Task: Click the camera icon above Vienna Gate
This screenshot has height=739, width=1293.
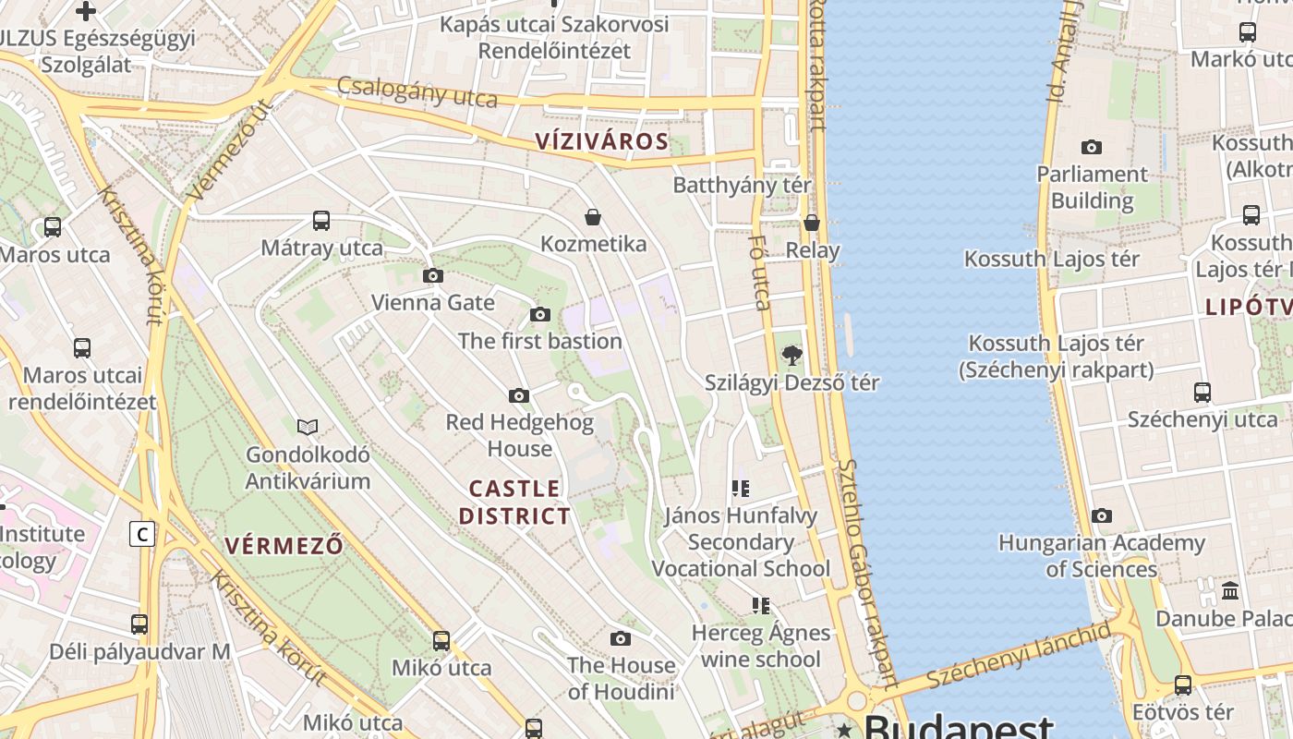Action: pos(432,275)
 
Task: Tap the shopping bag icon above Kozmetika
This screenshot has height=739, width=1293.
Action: pos(593,217)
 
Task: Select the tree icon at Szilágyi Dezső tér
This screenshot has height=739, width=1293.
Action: pos(792,355)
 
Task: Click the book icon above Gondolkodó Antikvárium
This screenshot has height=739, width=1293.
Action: pos(308,427)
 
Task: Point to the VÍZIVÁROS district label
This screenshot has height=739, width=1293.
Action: pos(601,141)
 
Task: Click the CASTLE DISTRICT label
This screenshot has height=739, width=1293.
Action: pos(515,503)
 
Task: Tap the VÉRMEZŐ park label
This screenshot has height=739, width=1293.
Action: pos(284,545)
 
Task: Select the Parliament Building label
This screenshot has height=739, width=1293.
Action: pos(1092,188)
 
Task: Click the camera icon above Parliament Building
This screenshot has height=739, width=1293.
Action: pos(1092,147)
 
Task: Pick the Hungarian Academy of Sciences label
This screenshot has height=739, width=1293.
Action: pos(1101,555)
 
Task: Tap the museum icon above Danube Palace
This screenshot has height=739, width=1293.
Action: pos(1230,590)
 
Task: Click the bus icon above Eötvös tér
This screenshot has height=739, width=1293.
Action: pos(1183,685)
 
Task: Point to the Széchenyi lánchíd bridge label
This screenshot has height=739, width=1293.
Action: pos(1019,656)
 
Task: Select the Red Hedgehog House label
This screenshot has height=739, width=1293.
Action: pos(519,435)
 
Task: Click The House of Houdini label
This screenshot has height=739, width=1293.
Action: pos(621,678)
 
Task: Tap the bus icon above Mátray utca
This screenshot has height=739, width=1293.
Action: pos(321,221)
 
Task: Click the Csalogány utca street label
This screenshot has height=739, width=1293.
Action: pos(417,92)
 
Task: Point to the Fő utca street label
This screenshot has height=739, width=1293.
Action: pos(759,273)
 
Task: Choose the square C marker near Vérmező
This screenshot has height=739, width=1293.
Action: pos(142,534)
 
